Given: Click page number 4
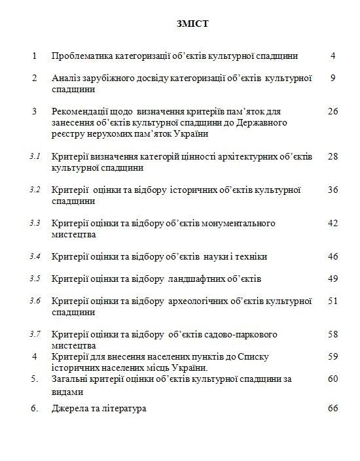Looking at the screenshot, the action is (333, 56).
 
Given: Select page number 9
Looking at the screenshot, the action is (333, 78).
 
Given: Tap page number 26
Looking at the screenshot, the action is (333, 112).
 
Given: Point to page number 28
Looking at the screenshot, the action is (333, 157).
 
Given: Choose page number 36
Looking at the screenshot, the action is (333, 190).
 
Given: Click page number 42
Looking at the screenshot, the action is (333, 224).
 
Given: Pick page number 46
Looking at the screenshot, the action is (333, 256).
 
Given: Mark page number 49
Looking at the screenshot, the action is (333, 279).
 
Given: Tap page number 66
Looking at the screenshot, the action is (333, 409).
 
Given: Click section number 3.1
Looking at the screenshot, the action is (35, 157).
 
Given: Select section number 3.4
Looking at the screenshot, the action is (35, 256).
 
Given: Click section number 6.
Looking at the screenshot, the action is (35, 409).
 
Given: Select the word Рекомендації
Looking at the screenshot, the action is (81, 112).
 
